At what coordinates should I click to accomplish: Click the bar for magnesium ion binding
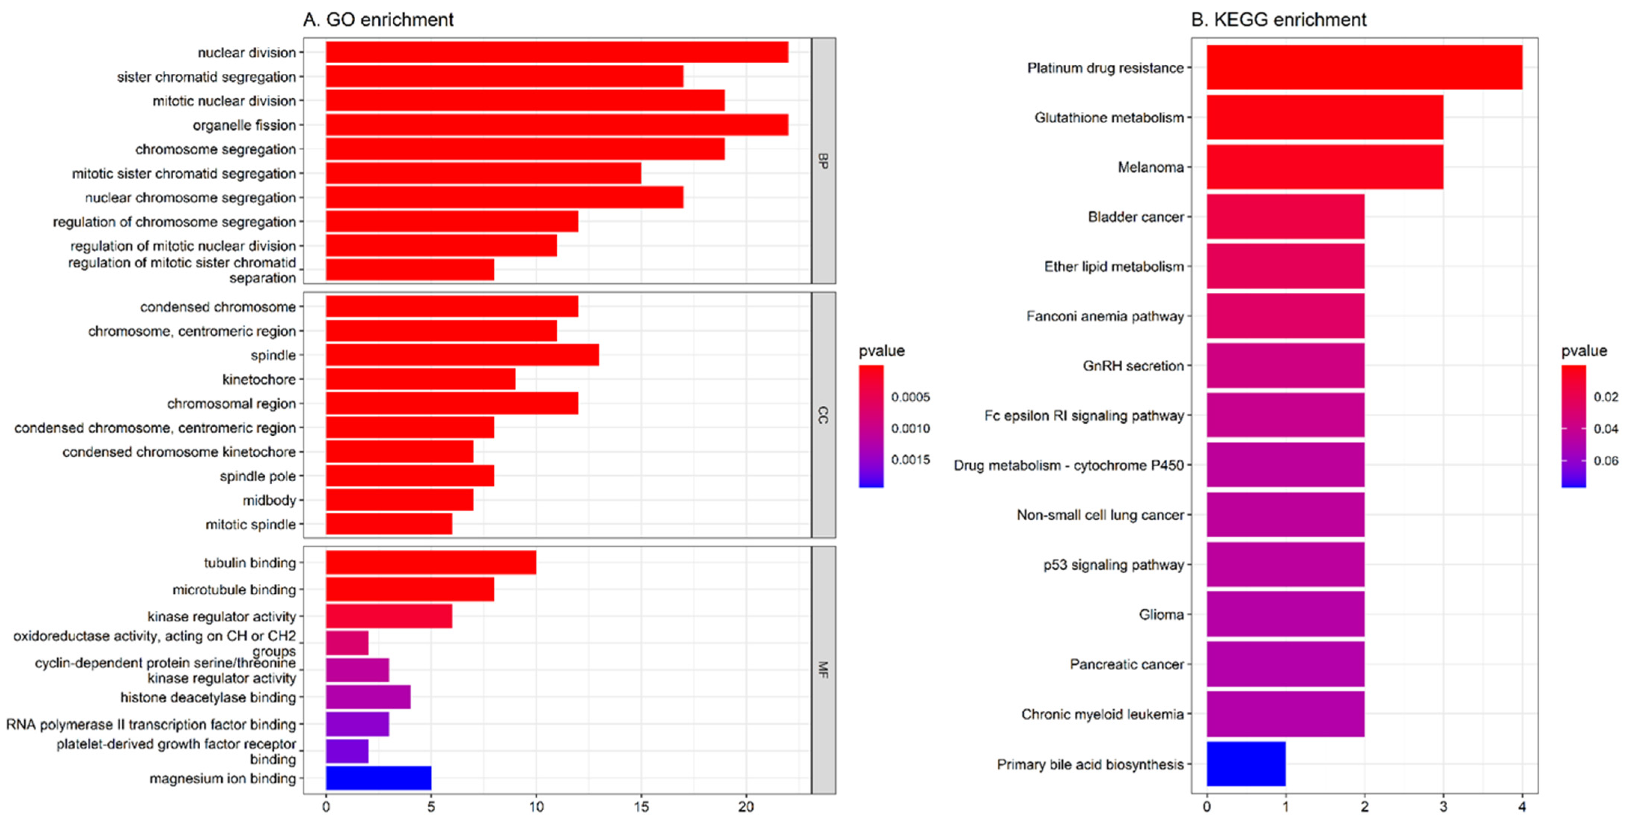(x=378, y=778)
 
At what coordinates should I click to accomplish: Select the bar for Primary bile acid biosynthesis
(x=1246, y=764)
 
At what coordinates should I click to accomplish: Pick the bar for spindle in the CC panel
(x=462, y=355)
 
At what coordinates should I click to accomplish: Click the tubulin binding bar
(x=430, y=563)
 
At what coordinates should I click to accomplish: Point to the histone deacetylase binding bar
(x=368, y=697)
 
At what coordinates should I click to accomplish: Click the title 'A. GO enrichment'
(x=378, y=19)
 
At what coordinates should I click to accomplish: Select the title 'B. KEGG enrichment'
(x=1278, y=19)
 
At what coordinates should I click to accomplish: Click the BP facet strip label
(x=823, y=161)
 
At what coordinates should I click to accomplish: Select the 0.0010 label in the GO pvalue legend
(x=910, y=429)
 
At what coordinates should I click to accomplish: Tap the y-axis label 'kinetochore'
(x=259, y=379)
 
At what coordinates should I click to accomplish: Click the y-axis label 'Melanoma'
(x=1150, y=167)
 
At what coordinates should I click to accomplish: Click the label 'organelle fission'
(x=244, y=125)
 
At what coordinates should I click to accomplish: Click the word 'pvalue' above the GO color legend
(x=881, y=351)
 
